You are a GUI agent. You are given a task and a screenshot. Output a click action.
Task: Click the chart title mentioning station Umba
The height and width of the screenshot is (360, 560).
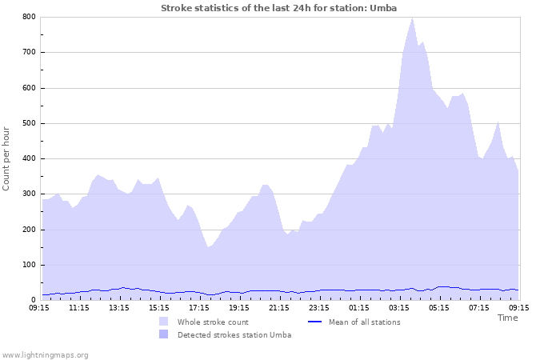[278, 8]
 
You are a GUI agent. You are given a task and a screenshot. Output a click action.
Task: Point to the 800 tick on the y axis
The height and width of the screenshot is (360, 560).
[29, 17]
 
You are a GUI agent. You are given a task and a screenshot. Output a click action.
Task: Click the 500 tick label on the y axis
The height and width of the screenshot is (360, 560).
[29, 123]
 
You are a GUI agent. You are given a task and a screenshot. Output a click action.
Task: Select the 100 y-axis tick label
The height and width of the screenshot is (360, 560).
[29, 265]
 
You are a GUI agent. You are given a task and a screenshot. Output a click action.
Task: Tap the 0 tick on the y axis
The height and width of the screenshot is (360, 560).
[33, 300]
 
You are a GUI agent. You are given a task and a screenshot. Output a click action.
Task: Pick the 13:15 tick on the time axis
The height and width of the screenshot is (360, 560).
[119, 307]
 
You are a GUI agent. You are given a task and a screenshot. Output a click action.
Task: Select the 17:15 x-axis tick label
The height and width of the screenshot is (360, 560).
[199, 307]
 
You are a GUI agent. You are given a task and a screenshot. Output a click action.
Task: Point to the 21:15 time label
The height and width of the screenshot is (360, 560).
[279, 307]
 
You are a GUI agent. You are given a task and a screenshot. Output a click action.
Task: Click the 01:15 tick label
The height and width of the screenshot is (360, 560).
[359, 307]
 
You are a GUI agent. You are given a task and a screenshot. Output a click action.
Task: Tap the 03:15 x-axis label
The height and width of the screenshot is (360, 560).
[399, 307]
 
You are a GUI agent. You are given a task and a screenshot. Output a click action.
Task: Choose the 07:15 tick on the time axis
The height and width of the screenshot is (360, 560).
[479, 307]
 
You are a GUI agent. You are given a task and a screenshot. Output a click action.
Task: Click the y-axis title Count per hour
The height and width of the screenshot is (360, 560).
[7, 158]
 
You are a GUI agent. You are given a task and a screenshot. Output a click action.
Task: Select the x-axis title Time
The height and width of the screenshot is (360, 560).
[507, 318]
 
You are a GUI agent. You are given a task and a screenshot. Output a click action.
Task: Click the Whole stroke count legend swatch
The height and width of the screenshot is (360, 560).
[163, 322]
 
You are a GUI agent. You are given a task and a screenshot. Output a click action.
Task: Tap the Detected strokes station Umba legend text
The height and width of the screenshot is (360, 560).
[234, 335]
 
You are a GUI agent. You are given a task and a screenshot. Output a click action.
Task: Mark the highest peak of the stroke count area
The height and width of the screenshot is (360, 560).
[412, 18]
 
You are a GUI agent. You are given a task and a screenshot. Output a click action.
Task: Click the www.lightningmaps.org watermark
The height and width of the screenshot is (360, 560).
[45, 354]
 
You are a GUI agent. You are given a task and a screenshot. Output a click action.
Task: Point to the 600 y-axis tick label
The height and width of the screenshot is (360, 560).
[29, 88]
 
